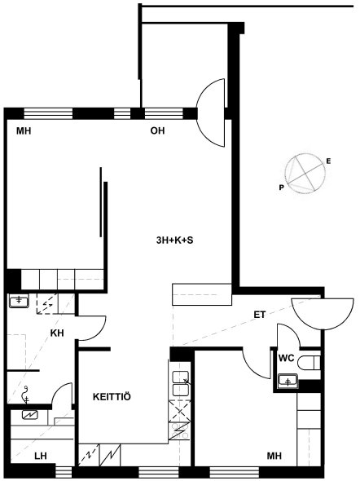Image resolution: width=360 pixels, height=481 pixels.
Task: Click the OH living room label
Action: (x=157, y=131)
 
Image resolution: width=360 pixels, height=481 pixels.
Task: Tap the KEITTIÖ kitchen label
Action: (x=112, y=397)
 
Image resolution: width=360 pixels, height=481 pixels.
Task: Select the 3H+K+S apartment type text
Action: (x=174, y=240)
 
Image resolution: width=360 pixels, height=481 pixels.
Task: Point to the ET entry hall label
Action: (x=260, y=315)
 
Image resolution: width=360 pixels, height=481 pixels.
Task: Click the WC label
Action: (x=287, y=358)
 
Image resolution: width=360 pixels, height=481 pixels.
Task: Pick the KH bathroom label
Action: (x=57, y=333)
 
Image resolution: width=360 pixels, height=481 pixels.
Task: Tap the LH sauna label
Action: (x=41, y=457)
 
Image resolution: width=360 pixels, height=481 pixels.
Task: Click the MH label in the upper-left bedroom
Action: (x=24, y=131)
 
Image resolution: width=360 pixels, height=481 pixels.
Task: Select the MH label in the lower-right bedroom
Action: (x=274, y=457)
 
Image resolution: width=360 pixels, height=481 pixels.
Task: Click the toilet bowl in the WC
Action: (x=310, y=363)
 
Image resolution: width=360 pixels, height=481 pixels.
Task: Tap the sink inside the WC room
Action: (x=288, y=382)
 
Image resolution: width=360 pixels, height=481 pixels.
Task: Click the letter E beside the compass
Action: (x=328, y=161)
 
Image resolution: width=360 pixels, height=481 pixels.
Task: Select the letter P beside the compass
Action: (x=281, y=188)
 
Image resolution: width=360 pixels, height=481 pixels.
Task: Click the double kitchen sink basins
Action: (x=181, y=383)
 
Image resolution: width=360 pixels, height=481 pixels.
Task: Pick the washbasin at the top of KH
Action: (x=19, y=301)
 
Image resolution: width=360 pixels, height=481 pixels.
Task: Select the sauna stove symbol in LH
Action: (x=30, y=415)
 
